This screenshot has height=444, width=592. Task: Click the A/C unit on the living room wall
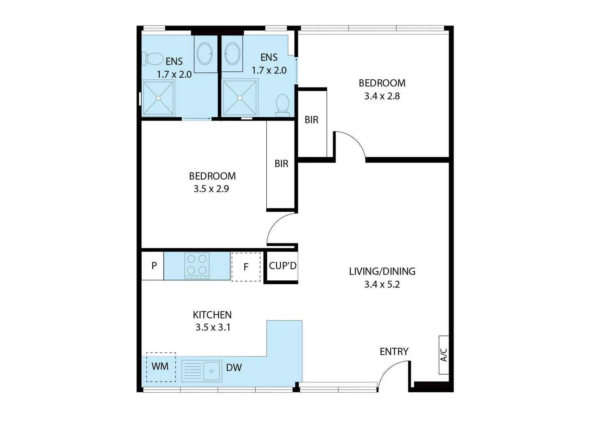point(443,355)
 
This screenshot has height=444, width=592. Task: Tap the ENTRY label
point(394,351)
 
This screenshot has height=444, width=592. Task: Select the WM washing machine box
point(161,367)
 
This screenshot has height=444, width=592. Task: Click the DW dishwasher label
point(234,368)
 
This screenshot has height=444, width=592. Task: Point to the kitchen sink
point(202,371)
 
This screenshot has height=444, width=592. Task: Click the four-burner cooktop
point(197,265)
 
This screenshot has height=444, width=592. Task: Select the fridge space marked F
point(246,267)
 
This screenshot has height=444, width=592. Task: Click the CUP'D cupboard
point(282,266)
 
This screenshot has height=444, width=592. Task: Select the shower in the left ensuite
point(158,98)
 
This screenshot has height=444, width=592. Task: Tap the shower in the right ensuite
point(240,98)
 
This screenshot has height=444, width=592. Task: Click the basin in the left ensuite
point(205,53)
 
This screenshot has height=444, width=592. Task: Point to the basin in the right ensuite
point(232,53)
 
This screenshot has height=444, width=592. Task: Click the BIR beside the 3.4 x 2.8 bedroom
point(311,120)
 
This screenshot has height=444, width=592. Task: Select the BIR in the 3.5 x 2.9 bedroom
point(281,164)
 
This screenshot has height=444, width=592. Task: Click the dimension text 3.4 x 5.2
point(382,284)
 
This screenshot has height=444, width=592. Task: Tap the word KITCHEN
point(212,315)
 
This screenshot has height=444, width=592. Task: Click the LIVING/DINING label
point(382,271)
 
